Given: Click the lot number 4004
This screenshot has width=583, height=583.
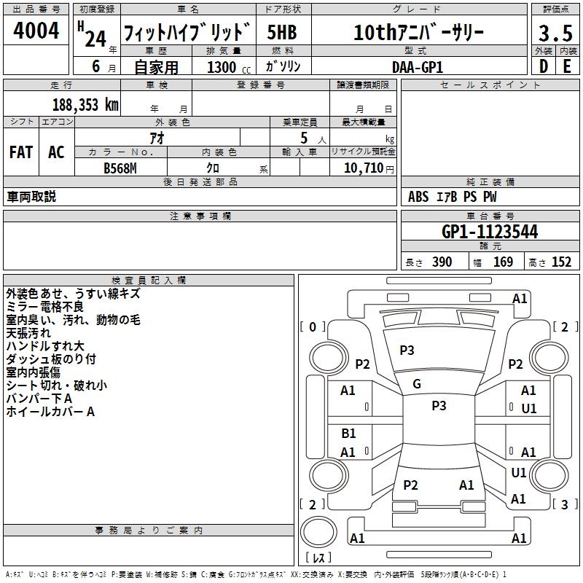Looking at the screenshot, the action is point(36,31).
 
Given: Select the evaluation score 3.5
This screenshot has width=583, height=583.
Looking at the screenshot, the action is point(555,34).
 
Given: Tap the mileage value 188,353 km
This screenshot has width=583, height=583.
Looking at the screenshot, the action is point(85,105).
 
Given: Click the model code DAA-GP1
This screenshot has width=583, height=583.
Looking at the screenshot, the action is point(418,66).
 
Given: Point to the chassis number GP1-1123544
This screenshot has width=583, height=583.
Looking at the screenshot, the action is point(490,232).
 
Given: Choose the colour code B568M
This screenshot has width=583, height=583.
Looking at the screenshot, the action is point(120,168).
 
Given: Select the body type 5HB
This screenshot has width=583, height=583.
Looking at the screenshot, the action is point(282,33).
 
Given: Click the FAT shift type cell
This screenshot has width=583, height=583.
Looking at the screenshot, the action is point(21,152).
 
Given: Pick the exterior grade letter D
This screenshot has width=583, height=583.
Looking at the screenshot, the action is point(543,66).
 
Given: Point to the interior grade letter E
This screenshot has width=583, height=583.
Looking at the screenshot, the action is point(567,66).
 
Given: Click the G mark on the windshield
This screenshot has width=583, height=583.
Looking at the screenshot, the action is point(417,384).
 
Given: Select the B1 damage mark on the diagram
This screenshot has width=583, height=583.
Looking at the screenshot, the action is point(348,434).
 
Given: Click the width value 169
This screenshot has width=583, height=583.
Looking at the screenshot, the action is point(503,262).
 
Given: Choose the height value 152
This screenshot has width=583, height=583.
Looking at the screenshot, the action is point(561,262).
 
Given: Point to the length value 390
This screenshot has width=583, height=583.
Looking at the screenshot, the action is point(442,262).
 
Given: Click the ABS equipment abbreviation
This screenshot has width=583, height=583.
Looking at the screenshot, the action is point(418,197).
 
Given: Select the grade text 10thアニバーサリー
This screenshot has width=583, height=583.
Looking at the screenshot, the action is point(418,33).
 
